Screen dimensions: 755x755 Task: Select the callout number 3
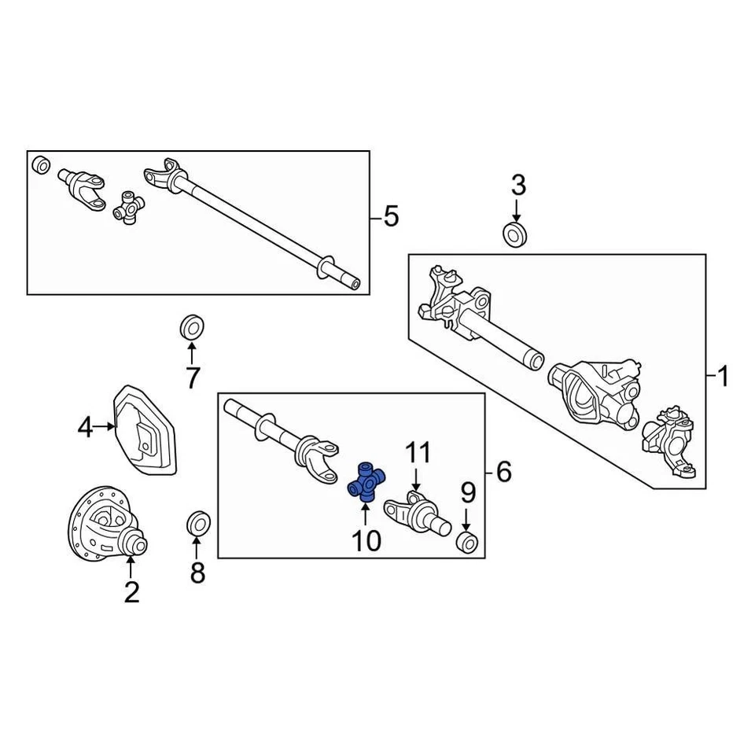click(517, 186)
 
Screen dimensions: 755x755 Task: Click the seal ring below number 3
click(516, 234)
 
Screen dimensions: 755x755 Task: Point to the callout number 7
click(192, 377)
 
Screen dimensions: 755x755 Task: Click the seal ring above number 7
click(191, 326)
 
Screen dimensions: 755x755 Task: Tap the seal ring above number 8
click(197, 522)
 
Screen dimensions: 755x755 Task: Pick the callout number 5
click(391, 215)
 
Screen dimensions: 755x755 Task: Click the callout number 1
click(722, 377)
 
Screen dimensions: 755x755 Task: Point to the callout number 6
click(503, 472)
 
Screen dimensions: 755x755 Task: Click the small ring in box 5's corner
click(40, 166)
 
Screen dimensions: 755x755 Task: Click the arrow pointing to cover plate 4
click(105, 429)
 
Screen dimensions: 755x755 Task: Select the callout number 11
click(418, 453)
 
